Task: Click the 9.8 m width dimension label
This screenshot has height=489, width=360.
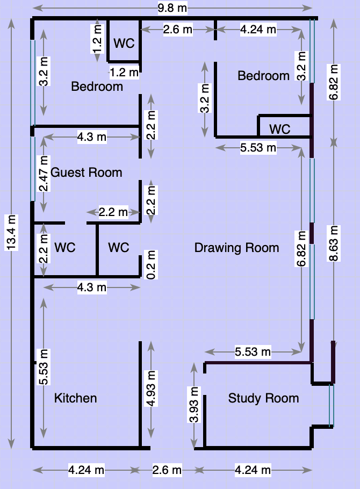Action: tap(172, 8)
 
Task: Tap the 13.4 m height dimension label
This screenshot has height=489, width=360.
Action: tap(11, 232)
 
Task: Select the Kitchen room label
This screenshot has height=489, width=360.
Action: tap(76, 398)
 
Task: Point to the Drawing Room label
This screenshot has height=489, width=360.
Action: tap(236, 248)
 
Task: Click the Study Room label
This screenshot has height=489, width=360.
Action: tap(264, 398)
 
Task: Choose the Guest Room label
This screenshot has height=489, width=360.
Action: tap(86, 172)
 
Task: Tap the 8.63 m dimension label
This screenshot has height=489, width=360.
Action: tap(334, 243)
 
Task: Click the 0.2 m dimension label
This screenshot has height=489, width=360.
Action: tap(151, 264)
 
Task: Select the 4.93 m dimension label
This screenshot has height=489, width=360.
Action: tap(151, 389)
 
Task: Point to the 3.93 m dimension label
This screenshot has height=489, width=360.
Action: tap(194, 405)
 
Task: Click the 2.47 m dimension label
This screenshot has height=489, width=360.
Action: tap(44, 174)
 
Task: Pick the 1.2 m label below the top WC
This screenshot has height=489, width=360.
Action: tap(124, 73)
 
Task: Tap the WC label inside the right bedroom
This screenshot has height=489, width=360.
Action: tap(280, 129)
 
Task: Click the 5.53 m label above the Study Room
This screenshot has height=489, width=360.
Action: tap(253, 352)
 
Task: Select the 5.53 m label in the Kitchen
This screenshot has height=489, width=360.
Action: tap(44, 367)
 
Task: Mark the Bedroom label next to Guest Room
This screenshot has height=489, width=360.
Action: tap(97, 87)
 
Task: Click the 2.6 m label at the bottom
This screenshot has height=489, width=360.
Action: tap(167, 470)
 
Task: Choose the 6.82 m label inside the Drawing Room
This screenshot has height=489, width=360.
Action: tap(301, 249)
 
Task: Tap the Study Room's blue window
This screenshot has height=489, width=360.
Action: tap(332, 405)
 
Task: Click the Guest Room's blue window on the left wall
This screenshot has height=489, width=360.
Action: tap(32, 169)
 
